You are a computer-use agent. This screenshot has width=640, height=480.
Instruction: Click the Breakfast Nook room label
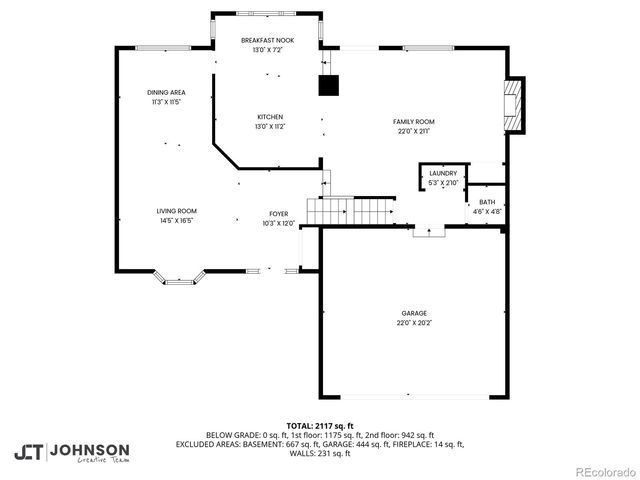(x=267, y=40)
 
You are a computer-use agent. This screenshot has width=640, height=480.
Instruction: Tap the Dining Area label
(x=166, y=92)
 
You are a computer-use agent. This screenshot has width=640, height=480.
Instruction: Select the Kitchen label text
(x=269, y=117)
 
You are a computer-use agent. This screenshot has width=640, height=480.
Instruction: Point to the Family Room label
(x=413, y=121)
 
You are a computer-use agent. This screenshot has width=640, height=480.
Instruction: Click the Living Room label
(x=175, y=211)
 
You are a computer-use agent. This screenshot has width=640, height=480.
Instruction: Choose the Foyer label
(x=279, y=214)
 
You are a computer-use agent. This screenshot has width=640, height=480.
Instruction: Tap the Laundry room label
(x=442, y=173)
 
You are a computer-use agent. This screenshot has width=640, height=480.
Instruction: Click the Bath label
(x=486, y=202)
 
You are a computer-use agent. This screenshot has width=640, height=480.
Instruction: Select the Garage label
(x=414, y=313)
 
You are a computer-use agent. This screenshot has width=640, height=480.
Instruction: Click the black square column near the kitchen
(x=329, y=86)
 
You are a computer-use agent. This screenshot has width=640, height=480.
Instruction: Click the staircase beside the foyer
(x=350, y=212)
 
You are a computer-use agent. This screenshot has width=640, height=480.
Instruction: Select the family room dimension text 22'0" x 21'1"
(x=413, y=131)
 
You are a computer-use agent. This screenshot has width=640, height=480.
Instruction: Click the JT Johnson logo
(x=71, y=452)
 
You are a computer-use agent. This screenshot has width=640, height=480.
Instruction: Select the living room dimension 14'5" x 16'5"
(x=175, y=221)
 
